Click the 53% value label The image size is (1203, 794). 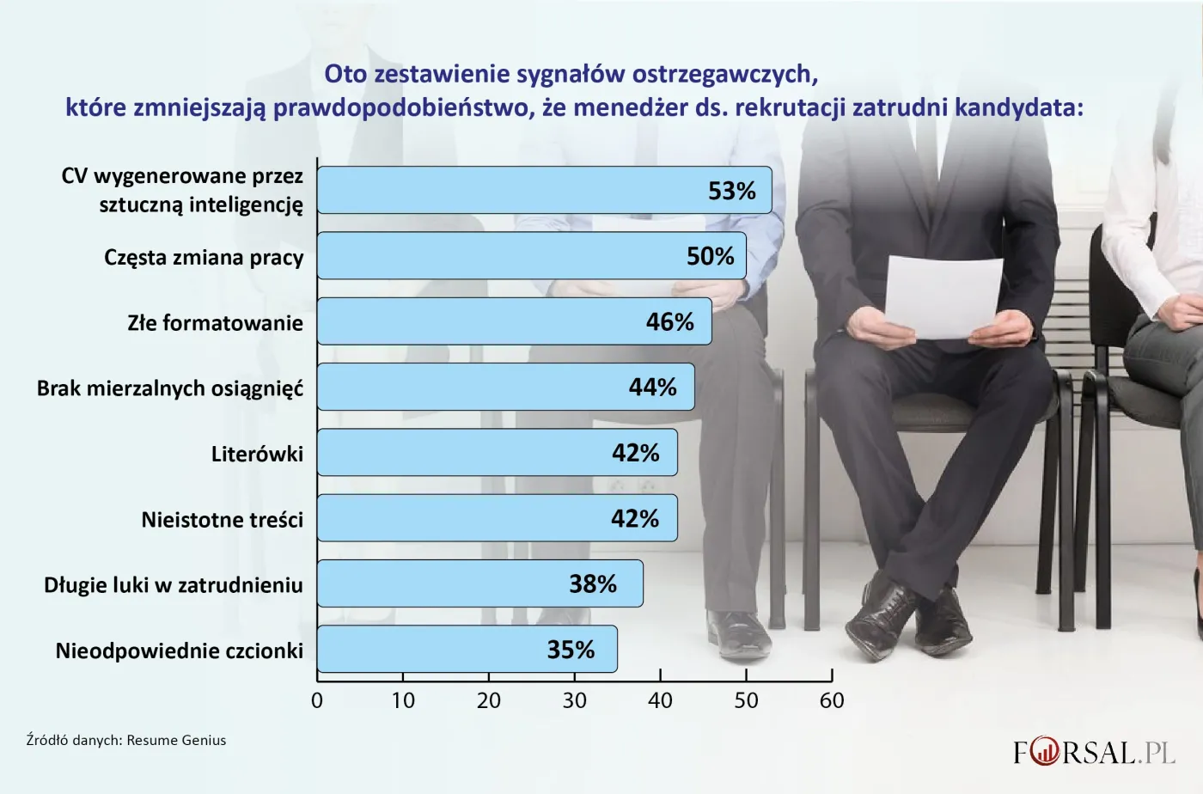[731, 191]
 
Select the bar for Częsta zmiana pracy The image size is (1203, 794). [516, 256]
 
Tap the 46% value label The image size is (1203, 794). [669, 322]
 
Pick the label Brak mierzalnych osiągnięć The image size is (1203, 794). [170, 388]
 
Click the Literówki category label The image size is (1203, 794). [257, 454]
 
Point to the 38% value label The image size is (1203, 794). [593, 584]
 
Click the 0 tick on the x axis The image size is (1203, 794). [317, 701]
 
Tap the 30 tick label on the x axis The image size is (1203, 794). [574, 701]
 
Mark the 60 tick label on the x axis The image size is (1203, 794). [832, 701]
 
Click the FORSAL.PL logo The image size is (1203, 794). [1093, 753]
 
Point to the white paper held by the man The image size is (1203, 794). [943, 296]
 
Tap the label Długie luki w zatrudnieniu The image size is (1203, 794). [174, 585]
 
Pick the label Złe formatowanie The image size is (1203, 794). [215, 323]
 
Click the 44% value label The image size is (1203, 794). [652, 388]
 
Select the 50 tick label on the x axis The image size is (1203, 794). [746, 701]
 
